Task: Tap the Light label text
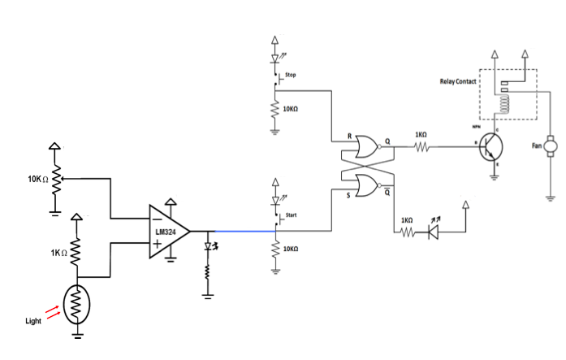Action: click(x=33, y=322)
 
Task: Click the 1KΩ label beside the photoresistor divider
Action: click(x=58, y=254)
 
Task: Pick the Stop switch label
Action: click(x=290, y=75)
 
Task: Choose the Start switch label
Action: click(x=291, y=215)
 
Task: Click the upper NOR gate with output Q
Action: click(x=363, y=147)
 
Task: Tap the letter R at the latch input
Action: click(x=348, y=137)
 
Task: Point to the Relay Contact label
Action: click(x=458, y=82)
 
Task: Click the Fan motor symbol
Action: click(x=550, y=146)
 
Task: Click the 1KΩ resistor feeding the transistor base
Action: click(x=420, y=147)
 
